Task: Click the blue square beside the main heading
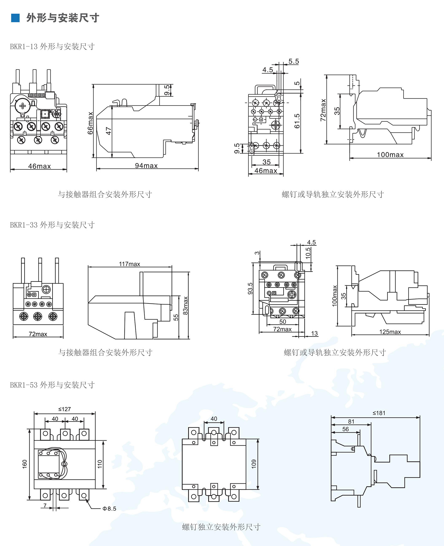click(15, 18)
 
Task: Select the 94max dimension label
click(146, 166)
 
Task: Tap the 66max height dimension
click(90, 123)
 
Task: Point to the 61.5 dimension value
click(297, 121)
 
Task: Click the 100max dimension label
click(390, 155)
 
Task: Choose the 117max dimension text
click(130, 264)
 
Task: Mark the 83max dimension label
click(186, 305)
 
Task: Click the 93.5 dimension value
click(250, 288)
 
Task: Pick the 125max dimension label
click(390, 332)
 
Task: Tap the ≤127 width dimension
click(65, 409)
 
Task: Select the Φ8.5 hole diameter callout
click(109, 509)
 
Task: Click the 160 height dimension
click(25, 464)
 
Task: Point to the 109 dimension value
click(254, 464)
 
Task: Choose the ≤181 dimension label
click(379, 413)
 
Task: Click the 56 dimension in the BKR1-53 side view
click(346, 429)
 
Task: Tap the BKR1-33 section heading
click(52, 225)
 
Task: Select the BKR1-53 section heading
click(52, 385)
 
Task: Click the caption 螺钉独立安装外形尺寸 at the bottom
click(221, 527)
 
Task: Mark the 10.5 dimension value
click(308, 253)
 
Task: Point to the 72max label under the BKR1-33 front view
click(38, 334)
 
